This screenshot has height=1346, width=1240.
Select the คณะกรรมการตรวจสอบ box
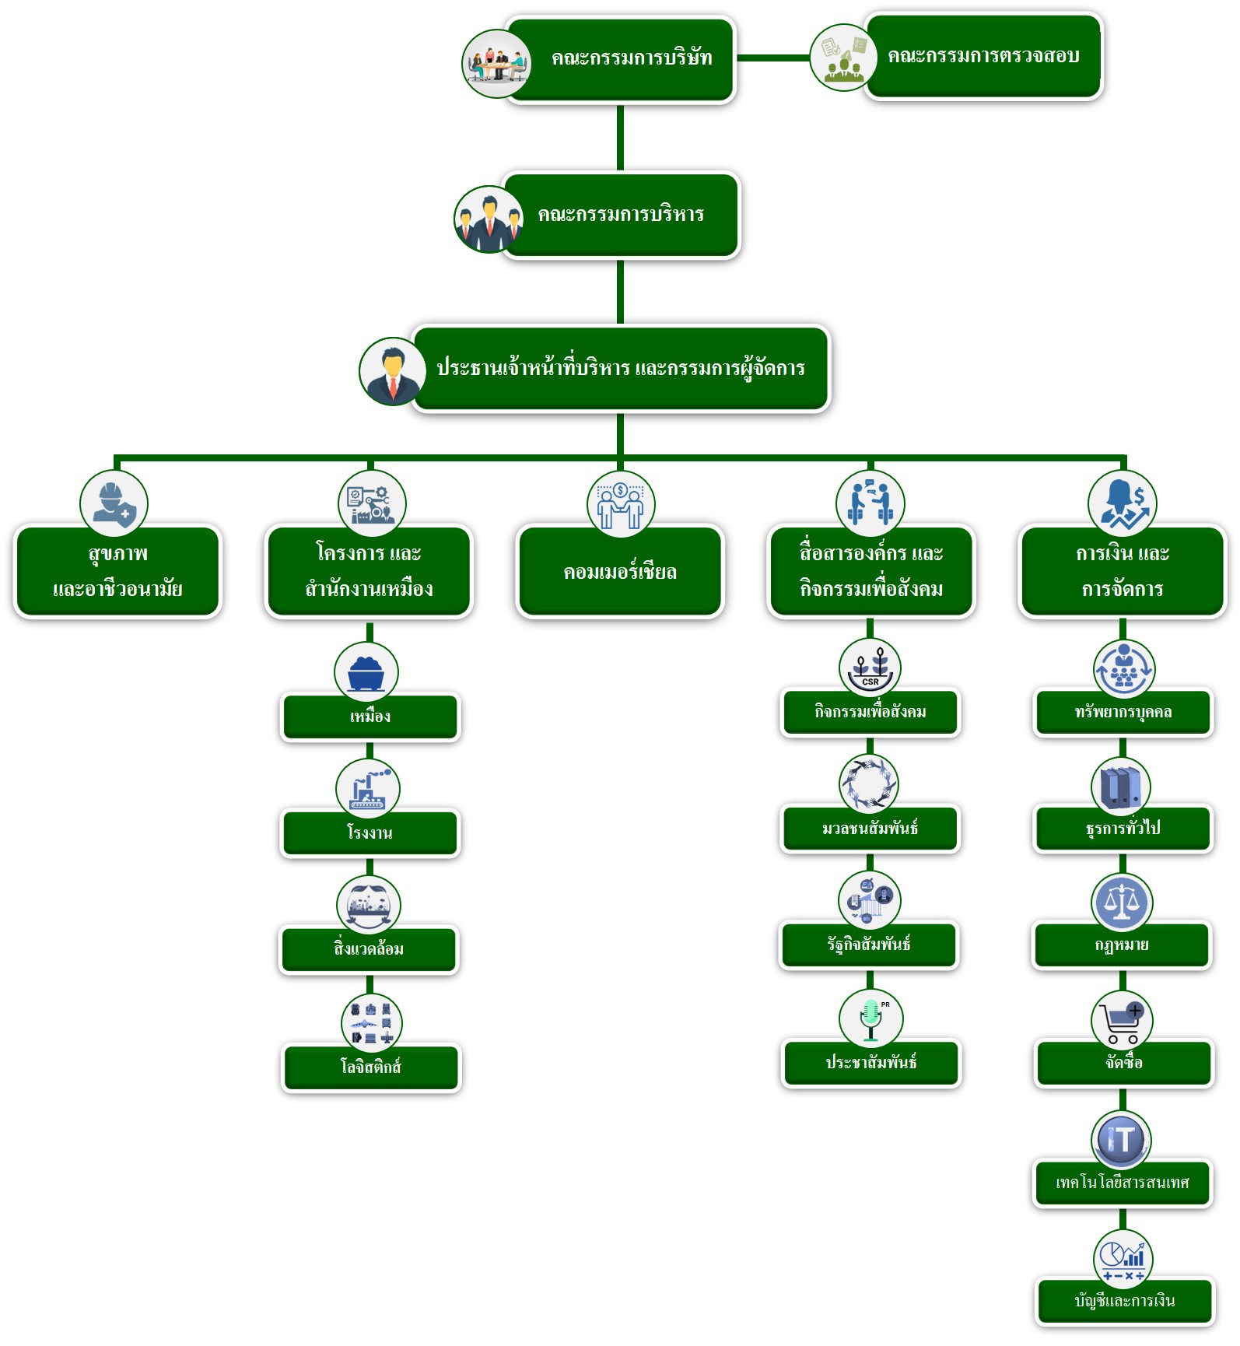tap(983, 56)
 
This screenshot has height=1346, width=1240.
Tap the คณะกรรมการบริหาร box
tap(620, 215)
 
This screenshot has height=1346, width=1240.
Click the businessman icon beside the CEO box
tap(393, 371)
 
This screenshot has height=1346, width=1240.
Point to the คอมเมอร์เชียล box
tap(620, 573)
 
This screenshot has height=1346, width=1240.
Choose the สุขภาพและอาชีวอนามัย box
tap(117, 572)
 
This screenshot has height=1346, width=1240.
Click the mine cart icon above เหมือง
tap(366, 673)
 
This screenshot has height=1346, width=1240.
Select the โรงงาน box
tap(370, 833)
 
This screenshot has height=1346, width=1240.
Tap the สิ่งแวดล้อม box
tap(370, 949)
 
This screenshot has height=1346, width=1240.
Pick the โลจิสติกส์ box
tap(371, 1067)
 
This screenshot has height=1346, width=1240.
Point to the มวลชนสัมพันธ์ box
tap(870, 829)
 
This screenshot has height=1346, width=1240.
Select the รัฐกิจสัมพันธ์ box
tap(869, 945)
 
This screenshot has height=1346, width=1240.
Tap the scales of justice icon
tap(1122, 903)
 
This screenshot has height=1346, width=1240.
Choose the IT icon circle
tap(1122, 1140)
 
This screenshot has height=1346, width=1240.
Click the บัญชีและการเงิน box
tap(1125, 1301)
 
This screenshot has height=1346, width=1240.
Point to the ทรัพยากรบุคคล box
tap(1123, 712)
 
